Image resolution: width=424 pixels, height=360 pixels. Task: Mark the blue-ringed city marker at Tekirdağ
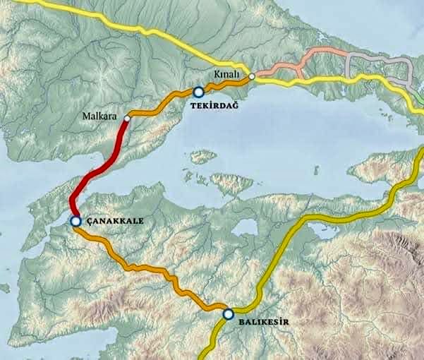coord(199,91)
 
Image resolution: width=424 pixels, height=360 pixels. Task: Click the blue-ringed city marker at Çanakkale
coord(75,221)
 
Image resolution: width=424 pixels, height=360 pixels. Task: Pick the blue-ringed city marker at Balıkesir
coord(227,314)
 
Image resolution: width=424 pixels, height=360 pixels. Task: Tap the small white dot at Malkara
coord(127,119)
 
